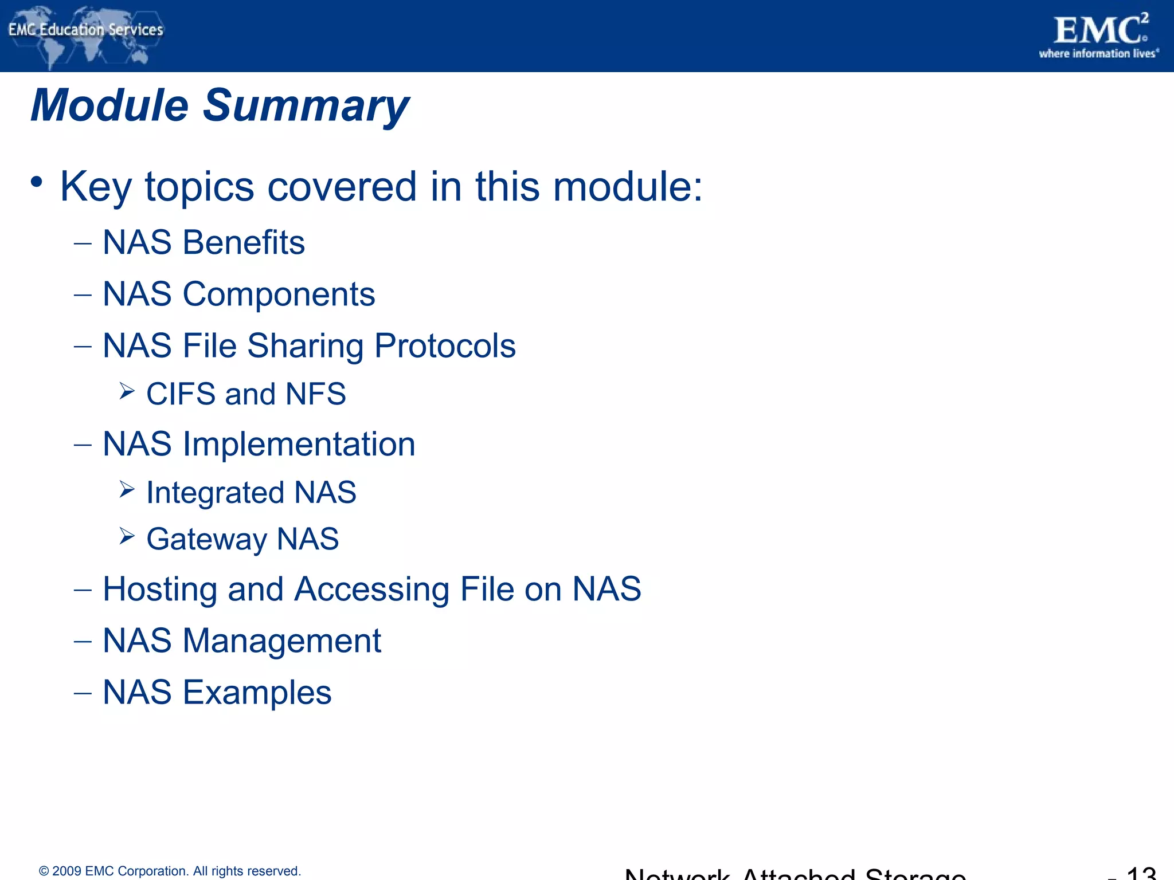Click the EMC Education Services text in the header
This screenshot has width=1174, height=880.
point(86,30)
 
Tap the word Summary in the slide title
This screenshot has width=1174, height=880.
point(306,106)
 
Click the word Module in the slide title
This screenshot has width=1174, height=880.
point(109,106)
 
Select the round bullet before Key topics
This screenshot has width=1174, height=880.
point(37,183)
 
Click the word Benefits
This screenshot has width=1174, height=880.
point(244,242)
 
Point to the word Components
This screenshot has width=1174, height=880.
point(279,294)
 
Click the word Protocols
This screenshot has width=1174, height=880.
point(445,346)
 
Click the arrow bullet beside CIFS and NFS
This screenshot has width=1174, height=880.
point(127,391)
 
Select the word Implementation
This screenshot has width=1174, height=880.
point(299,445)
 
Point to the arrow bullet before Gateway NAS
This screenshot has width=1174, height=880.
point(127,536)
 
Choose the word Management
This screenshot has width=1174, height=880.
point(281,641)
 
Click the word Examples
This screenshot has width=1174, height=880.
point(257,693)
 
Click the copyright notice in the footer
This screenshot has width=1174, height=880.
point(170,871)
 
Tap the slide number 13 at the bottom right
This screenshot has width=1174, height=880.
point(1141,873)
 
